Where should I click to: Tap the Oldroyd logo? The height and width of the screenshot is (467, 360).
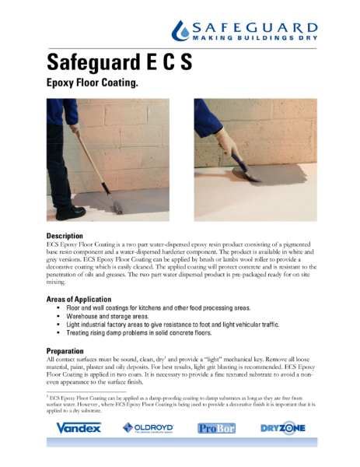(149, 427)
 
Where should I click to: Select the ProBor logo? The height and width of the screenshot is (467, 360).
(215, 428)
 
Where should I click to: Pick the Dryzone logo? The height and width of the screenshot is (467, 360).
(282, 427)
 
